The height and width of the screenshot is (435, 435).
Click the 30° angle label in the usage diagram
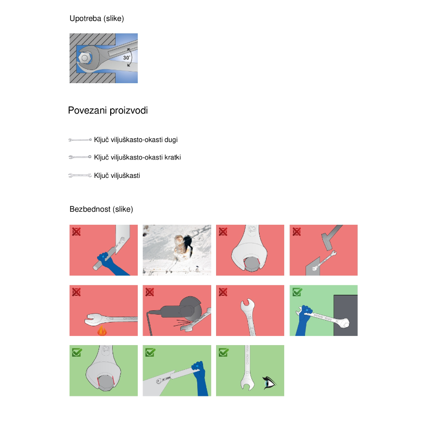click(x=127, y=58)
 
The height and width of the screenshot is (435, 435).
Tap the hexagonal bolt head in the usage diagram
click(x=85, y=58)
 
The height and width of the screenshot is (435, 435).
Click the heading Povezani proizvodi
click(x=108, y=110)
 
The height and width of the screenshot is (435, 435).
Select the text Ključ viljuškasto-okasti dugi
click(x=136, y=140)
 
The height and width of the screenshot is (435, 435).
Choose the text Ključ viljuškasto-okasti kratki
click(x=137, y=157)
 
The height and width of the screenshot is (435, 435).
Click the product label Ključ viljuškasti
click(x=117, y=175)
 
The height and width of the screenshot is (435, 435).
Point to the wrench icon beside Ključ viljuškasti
click(x=80, y=175)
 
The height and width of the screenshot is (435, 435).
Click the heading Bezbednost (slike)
click(x=101, y=209)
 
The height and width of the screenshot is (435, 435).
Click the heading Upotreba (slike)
click(x=97, y=18)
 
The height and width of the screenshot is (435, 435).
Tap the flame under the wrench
click(x=102, y=331)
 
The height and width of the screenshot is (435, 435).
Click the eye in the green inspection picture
click(x=269, y=383)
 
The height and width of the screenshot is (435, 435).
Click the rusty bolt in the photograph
click(x=181, y=245)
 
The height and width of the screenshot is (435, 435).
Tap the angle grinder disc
click(x=191, y=306)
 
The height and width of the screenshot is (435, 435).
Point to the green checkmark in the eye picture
click(x=224, y=352)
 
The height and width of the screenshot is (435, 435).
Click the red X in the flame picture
click(x=76, y=292)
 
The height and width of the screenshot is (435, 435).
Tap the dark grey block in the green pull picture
click(x=346, y=315)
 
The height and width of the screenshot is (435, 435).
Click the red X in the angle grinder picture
click(x=149, y=292)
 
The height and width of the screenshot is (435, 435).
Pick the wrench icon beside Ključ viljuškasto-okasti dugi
click(x=80, y=140)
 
